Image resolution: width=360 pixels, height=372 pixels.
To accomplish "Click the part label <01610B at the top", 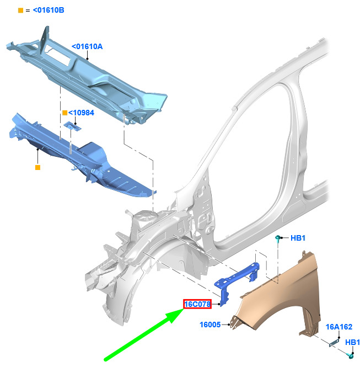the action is pos(49,10).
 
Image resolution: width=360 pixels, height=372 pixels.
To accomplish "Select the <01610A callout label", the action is pos(87,46).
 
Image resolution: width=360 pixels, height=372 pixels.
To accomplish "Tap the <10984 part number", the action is pos(81,113).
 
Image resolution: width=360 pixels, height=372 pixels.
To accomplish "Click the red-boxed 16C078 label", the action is pos(197,304).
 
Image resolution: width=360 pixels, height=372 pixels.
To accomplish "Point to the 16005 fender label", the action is pos(210,325).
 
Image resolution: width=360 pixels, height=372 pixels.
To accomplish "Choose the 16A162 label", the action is pos(339,327).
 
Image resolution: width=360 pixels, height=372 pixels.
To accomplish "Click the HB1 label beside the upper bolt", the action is pos(298,238).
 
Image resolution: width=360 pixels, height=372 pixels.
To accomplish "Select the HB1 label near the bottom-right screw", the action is pos(352,342).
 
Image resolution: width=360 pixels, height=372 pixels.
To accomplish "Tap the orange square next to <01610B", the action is pos(20,10).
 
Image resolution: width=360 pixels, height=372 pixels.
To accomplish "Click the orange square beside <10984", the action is pos(65,113).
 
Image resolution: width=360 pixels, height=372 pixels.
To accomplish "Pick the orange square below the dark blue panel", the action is pos(37,167).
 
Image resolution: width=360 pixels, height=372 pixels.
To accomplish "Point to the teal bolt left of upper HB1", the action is pos(278,238).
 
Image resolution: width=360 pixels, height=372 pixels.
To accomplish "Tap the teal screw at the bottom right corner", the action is pos(350,355).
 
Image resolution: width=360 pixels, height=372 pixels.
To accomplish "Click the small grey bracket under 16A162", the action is pos(334,343).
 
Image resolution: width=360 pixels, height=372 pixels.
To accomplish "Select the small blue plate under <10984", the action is pos(72,126).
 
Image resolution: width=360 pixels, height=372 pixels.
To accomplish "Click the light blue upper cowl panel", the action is pos(88,76).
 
